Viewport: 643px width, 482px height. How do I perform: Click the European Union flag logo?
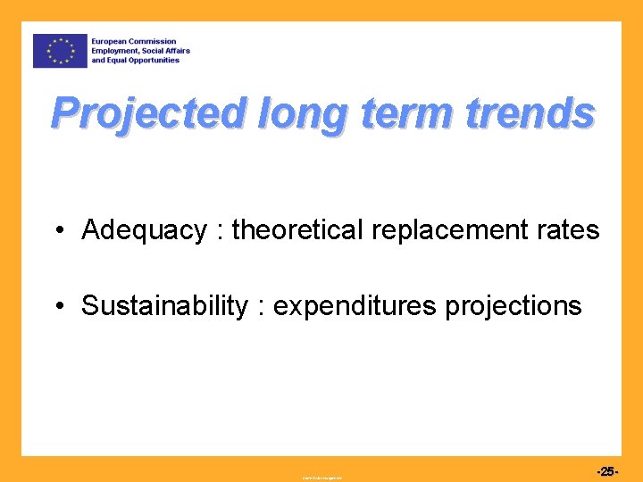click(60, 51)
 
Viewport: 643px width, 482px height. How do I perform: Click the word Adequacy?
click(144, 230)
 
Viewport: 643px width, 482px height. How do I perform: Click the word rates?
click(568, 230)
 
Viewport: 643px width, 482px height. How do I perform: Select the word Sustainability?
click(164, 306)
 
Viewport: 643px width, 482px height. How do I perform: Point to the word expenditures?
click(355, 306)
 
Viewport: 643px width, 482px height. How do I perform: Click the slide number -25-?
click(605, 471)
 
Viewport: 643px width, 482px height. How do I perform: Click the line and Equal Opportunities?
click(141, 61)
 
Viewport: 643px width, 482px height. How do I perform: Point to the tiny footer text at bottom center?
click(321, 478)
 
